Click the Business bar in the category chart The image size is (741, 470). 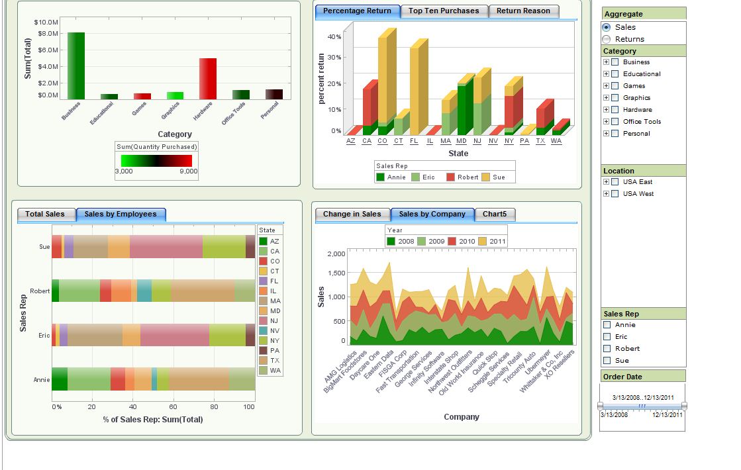(75, 65)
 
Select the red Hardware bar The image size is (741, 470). (208, 78)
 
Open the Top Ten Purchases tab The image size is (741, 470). (444, 11)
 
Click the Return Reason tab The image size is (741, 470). (523, 11)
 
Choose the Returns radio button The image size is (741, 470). (607, 39)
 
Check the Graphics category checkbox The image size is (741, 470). (615, 98)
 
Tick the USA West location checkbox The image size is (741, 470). (615, 194)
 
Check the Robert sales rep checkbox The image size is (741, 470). (607, 349)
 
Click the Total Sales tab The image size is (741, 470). (45, 214)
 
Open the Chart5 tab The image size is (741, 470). (495, 214)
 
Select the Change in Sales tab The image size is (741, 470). (352, 214)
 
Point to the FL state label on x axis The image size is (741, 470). (414, 141)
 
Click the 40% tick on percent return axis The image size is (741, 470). (334, 37)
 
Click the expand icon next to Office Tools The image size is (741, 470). (606, 122)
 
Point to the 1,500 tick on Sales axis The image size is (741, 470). (336, 273)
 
